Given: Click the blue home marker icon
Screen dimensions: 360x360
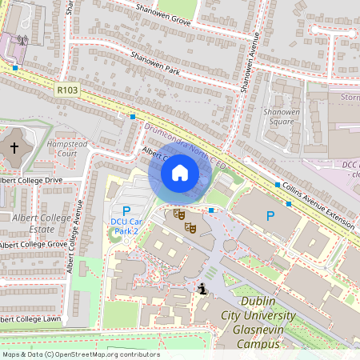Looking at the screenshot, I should pyautogui.click(x=180, y=173).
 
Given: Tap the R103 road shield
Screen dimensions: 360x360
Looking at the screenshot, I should pyautogui.click(x=68, y=91).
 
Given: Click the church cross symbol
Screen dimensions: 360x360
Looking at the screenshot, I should pyautogui.click(x=14, y=148).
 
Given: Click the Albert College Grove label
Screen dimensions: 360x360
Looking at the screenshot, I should pyautogui.click(x=34, y=244).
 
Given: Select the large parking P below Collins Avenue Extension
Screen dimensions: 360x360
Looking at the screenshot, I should pyautogui.click(x=270, y=215).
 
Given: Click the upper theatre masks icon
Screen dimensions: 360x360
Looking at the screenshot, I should pyautogui.click(x=179, y=214).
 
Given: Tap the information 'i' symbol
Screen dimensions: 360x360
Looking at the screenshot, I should pyautogui.click(x=203, y=289).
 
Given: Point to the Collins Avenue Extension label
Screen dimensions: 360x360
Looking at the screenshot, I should pyautogui.click(x=315, y=202).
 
